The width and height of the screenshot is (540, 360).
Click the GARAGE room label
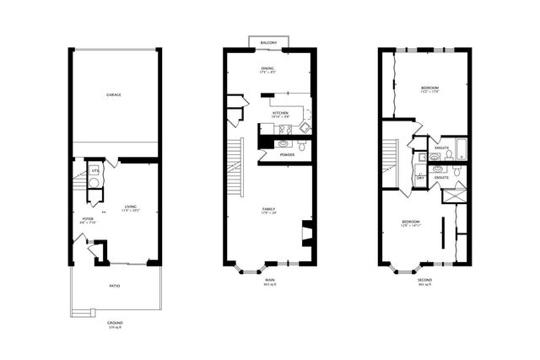point(114,95)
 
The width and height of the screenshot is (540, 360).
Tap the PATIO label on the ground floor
point(114,287)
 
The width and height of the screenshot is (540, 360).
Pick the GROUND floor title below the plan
point(114,321)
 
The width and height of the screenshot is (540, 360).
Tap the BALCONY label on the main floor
point(270,42)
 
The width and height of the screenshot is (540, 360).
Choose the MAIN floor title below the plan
point(270,281)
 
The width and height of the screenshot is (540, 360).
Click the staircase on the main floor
point(235,164)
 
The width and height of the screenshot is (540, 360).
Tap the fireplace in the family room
point(307,234)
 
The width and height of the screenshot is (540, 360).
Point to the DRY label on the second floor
point(420,178)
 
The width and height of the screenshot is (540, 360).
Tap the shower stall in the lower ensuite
point(456,195)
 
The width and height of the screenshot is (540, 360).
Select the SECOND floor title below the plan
point(425,281)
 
